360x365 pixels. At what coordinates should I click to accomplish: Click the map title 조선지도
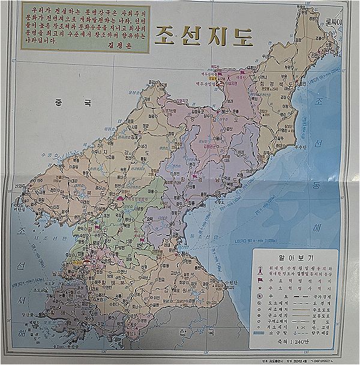203,35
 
